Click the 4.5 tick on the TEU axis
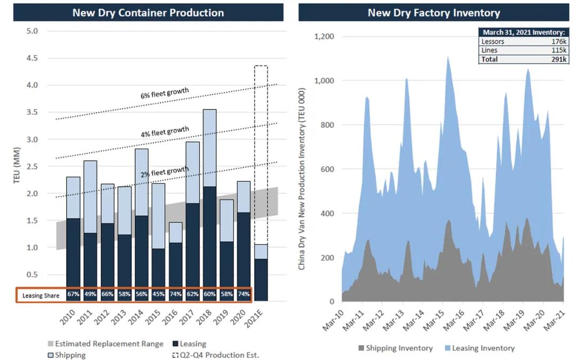32,58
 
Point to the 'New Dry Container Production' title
148,12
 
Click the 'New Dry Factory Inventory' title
433,12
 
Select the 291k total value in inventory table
558,59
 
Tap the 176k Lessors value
559,41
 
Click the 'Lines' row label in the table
489,50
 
